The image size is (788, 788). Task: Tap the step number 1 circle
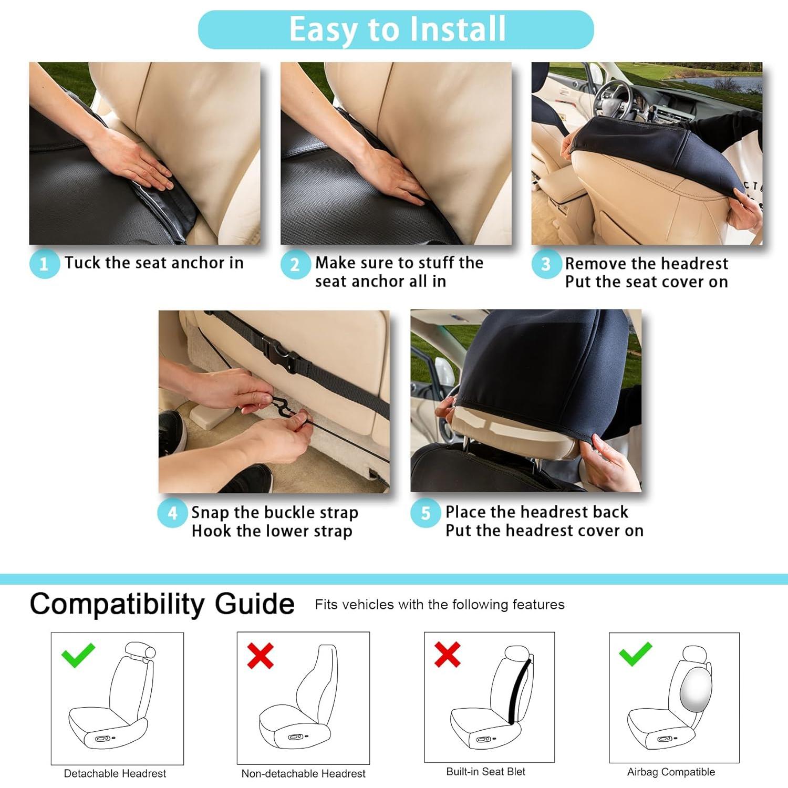coord(44,263)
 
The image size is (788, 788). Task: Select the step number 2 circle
coord(295,264)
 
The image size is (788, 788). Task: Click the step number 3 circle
coord(546,264)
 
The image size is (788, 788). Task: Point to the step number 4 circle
coord(172,513)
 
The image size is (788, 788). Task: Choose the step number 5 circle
coord(426,513)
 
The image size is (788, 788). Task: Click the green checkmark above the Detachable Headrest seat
coord(78,655)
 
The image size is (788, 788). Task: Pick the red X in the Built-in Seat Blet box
coord(448,654)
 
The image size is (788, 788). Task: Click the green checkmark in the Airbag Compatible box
coord(636,654)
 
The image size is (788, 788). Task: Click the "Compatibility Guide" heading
coord(162,604)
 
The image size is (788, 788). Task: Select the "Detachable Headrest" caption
coord(115,773)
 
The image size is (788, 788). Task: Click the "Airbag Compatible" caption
coord(671,772)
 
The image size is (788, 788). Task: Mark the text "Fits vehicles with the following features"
coord(440,605)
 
